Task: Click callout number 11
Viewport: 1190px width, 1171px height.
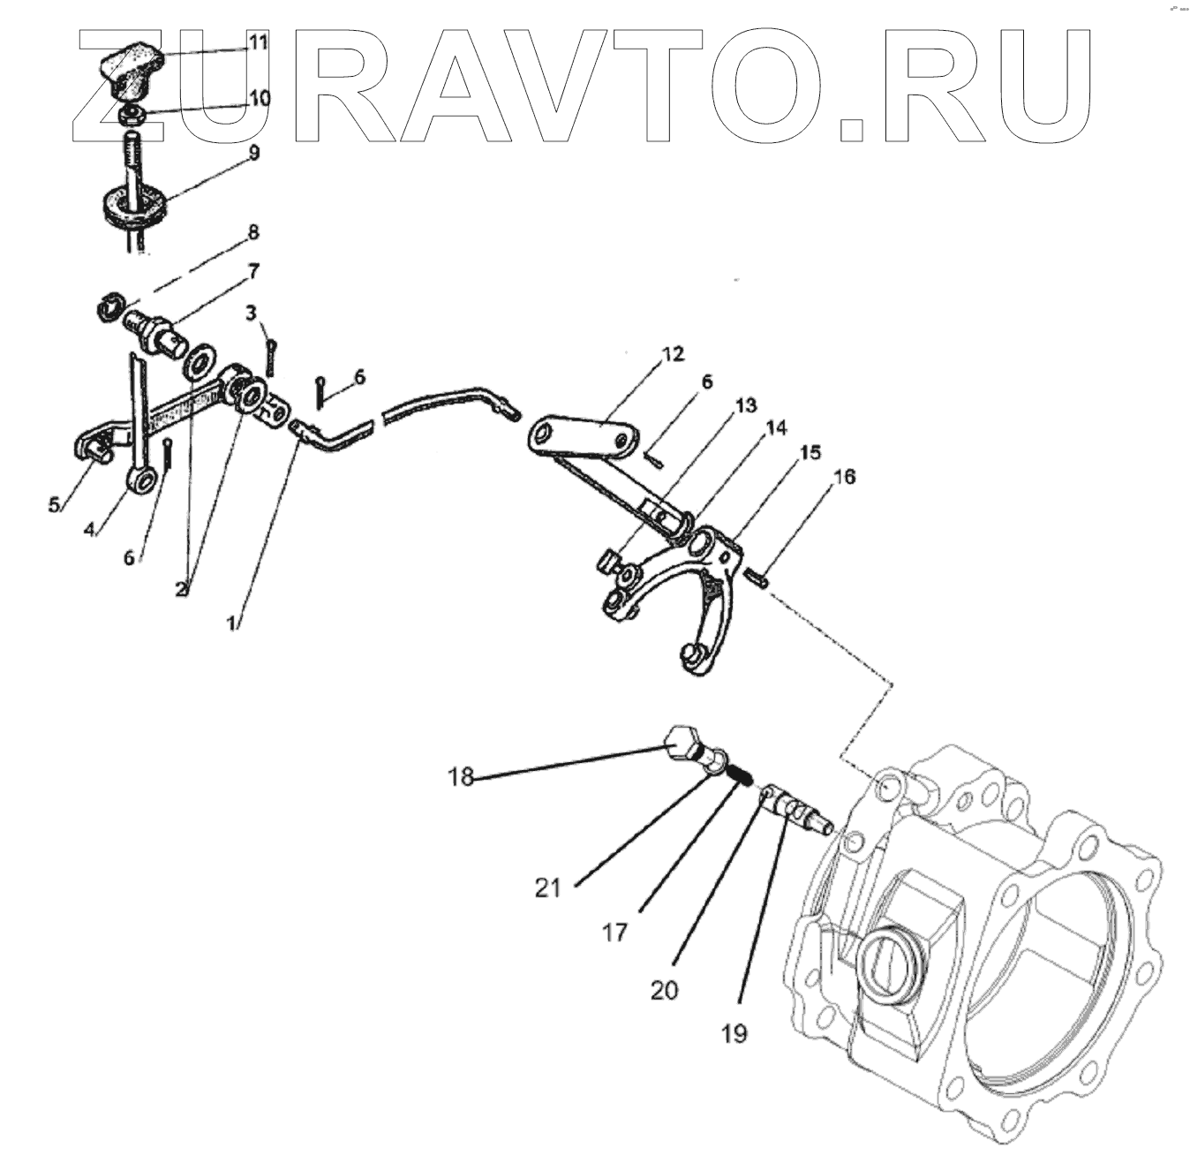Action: click(x=257, y=42)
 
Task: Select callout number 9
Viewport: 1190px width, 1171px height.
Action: click(x=254, y=153)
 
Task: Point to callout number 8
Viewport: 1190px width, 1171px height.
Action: click(x=252, y=233)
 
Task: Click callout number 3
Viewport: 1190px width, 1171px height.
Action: click(x=252, y=312)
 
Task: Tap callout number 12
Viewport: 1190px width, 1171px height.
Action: click(x=672, y=355)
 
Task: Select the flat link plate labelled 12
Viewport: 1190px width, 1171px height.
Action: click(x=584, y=437)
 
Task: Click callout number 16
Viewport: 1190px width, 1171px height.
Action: click(x=843, y=477)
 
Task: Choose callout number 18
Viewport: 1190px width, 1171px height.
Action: click(x=460, y=777)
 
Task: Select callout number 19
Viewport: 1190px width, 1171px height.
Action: click(x=734, y=1032)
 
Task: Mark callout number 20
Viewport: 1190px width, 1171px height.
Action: click(x=664, y=990)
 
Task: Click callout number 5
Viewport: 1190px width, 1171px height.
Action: click(x=54, y=505)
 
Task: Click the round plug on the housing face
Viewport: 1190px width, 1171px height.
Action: click(x=891, y=967)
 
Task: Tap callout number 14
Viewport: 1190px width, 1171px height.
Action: click(x=776, y=429)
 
